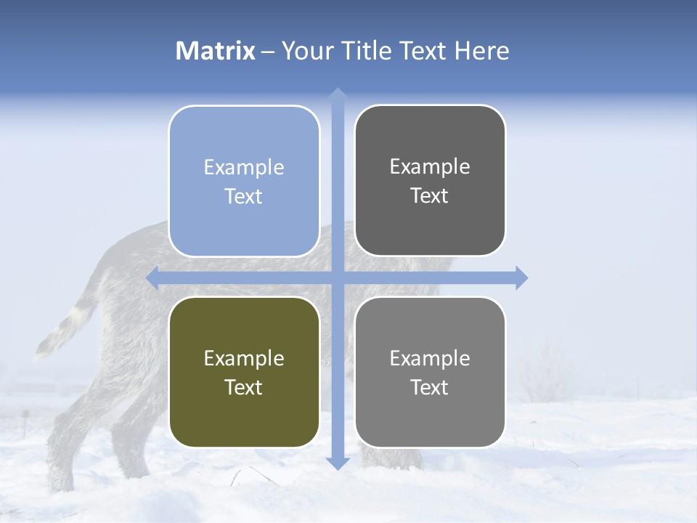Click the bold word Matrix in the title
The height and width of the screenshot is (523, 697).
click(215, 51)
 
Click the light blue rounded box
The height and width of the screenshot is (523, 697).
click(244, 182)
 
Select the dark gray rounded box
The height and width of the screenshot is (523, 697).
click(430, 181)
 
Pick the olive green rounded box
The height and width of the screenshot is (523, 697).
click(244, 372)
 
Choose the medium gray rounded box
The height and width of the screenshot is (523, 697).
click(430, 372)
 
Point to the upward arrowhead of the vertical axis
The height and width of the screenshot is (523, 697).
click(337, 94)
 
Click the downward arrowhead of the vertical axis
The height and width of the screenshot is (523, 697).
click(337, 463)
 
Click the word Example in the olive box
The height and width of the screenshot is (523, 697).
click(244, 358)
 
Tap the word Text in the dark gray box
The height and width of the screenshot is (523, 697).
click(430, 196)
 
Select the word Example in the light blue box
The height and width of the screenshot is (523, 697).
click(244, 167)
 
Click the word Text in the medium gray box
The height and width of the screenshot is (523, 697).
click(430, 388)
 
